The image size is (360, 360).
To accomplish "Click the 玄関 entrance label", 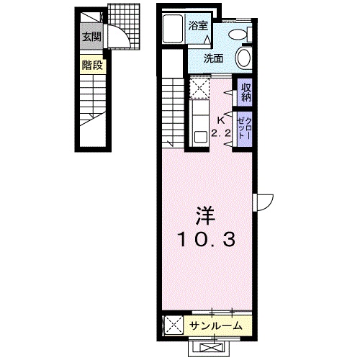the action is pyautogui.click(x=91, y=37).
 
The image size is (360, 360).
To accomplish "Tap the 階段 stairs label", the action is pyautogui.click(x=92, y=65).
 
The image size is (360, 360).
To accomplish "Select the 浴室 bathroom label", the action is pyautogui.click(x=198, y=26).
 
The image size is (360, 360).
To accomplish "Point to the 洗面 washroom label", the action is pyautogui.click(x=214, y=58).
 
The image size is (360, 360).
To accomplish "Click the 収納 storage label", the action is pyautogui.click(x=246, y=92).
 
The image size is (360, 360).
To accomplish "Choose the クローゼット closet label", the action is pyautogui.click(x=245, y=128).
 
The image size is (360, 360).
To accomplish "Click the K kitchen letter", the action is pyautogui.click(x=220, y=121).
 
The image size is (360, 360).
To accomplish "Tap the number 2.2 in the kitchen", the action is pyautogui.click(x=221, y=132).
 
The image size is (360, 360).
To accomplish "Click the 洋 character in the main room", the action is pyautogui.click(x=206, y=215).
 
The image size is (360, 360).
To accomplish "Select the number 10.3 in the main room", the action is pyautogui.click(x=206, y=240).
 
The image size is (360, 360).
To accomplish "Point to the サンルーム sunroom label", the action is pyautogui.click(x=215, y=326).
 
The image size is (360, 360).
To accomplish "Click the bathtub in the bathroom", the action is pyautogui.click(x=173, y=28).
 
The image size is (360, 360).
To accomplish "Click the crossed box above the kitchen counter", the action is pyautogui.click(x=199, y=88).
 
